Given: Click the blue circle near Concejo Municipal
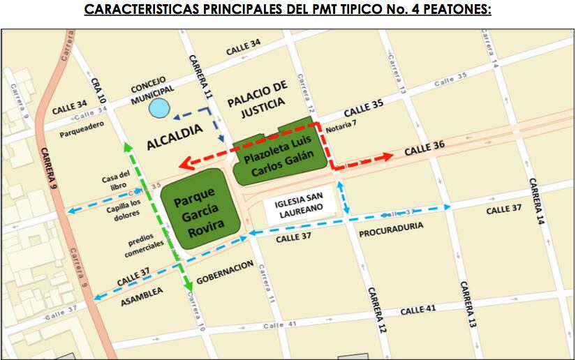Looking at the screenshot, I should (x=160, y=108).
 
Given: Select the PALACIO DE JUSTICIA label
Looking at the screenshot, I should (x=257, y=94).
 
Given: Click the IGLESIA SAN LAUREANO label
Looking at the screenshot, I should (x=302, y=209).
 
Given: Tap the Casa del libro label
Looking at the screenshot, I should (x=116, y=179).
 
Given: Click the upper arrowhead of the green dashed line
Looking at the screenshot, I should (x=127, y=146).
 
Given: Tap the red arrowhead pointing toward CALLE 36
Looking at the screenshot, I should (x=388, y=157).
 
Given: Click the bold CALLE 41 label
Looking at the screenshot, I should (x=419, y=308).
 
